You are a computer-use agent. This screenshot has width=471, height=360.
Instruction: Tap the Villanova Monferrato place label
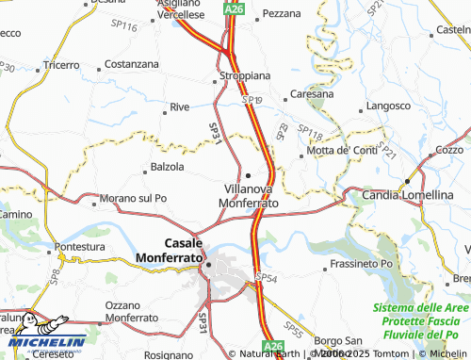coord(248,196)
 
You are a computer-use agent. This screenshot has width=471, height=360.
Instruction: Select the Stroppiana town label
coord(245,74)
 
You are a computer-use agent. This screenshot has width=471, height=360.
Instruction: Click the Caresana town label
coord(312,94)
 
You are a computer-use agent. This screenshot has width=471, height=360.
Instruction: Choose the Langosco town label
coord(384,106)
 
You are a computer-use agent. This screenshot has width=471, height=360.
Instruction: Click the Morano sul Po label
coord(133,198)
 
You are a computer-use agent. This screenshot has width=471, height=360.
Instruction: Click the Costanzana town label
coord(131,64)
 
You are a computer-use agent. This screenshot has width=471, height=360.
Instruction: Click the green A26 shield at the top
coord(235,8)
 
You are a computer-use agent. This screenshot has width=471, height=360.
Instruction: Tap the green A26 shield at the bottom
coord(272,350)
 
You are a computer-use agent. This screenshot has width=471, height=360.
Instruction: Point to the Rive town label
coord(180,107)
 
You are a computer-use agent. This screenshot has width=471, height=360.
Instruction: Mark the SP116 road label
coord(124,27)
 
